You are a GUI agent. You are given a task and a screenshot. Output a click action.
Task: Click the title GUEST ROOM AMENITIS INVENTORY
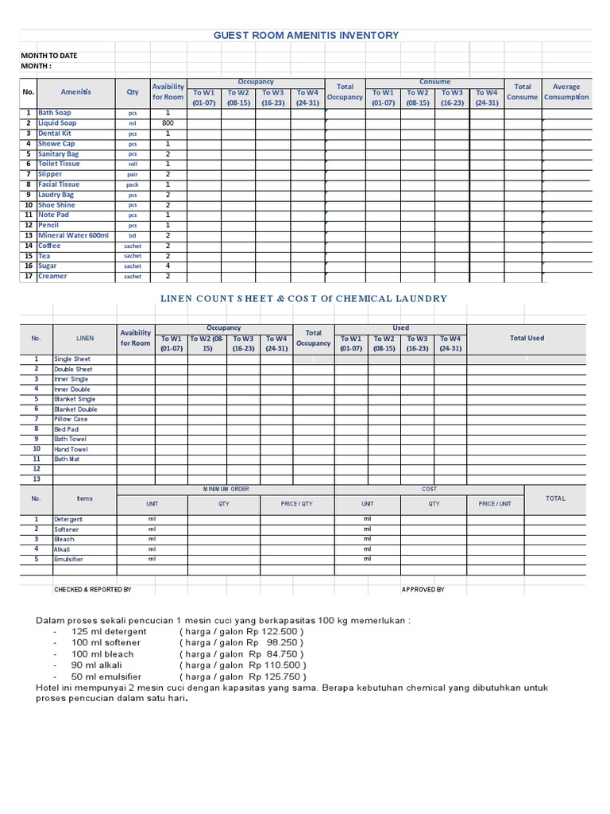[306, 35]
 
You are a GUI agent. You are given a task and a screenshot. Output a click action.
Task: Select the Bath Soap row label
[54, 113]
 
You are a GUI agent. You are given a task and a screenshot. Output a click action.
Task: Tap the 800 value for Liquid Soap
[168, 123]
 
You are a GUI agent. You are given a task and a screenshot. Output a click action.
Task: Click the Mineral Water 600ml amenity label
[73, 235]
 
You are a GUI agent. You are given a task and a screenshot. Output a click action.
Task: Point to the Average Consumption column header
[566, 92]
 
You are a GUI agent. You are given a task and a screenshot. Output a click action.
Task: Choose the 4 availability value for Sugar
[168, 266]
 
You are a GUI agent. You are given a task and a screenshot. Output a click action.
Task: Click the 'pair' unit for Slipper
[133, 174]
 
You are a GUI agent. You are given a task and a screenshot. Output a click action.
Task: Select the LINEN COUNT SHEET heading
[304, 298]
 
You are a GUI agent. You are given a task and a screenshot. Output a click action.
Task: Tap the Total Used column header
[527, 338]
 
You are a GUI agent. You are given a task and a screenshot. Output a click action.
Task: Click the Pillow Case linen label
[71, 419]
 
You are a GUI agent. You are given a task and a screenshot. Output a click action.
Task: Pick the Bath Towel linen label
[71, 439]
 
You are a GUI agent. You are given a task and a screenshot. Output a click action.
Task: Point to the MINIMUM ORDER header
[226, 489]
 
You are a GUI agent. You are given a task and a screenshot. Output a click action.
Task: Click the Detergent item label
[68, 519]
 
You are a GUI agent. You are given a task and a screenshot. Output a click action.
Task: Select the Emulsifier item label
[68, 560]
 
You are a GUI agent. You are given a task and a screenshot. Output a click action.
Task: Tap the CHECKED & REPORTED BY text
[92, 590]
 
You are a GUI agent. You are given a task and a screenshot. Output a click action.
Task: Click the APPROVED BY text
[423, 590]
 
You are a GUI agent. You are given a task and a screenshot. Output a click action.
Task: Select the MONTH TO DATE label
[48, 56]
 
